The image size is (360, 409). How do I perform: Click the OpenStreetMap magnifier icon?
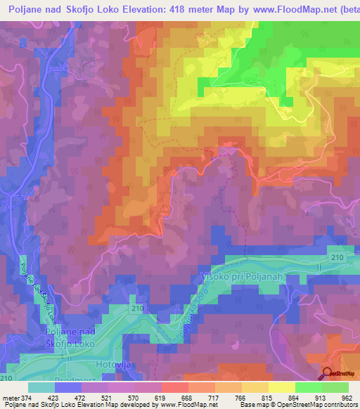click(x=328, y=374)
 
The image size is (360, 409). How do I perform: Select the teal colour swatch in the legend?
click(x=41, y=387)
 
